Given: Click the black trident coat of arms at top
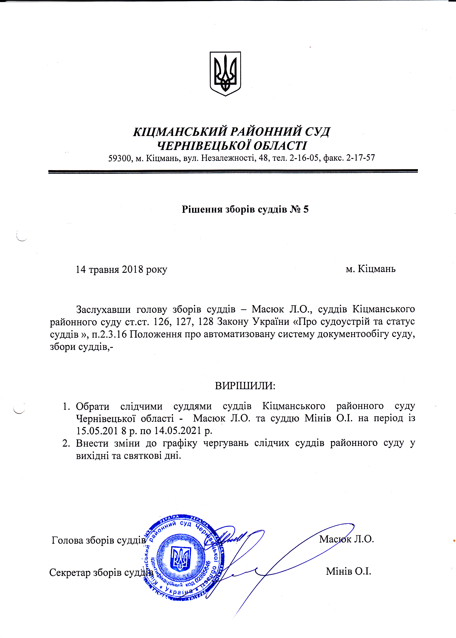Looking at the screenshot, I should pyautogui.click(x=225, y=74).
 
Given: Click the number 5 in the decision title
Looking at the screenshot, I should pyautogui.click(x=306, y=209).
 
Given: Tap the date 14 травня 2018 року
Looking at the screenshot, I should pyautogui.click(x=121, y=269).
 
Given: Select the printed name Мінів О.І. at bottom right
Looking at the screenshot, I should pyautogui.click(x=348, y=571).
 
